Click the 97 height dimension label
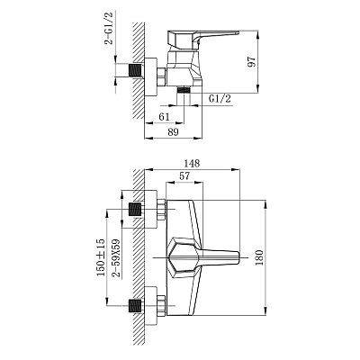[252, 61]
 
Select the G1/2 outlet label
[220, 98]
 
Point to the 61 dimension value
[164, 117]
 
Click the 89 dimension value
[173, 132]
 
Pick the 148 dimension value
[192, 164]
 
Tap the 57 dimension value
[184, 175]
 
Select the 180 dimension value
[259, 257]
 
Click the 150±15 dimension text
[101, 257]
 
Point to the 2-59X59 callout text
[115, 257]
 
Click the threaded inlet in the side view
[135, 70]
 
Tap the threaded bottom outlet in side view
[184, 89]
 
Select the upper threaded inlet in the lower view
[135, 210]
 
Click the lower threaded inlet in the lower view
[135, 306]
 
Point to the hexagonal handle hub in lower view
[184, 257]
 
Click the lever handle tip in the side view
[238, 31]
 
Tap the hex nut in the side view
[161, 77]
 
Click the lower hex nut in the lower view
[161, 306]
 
